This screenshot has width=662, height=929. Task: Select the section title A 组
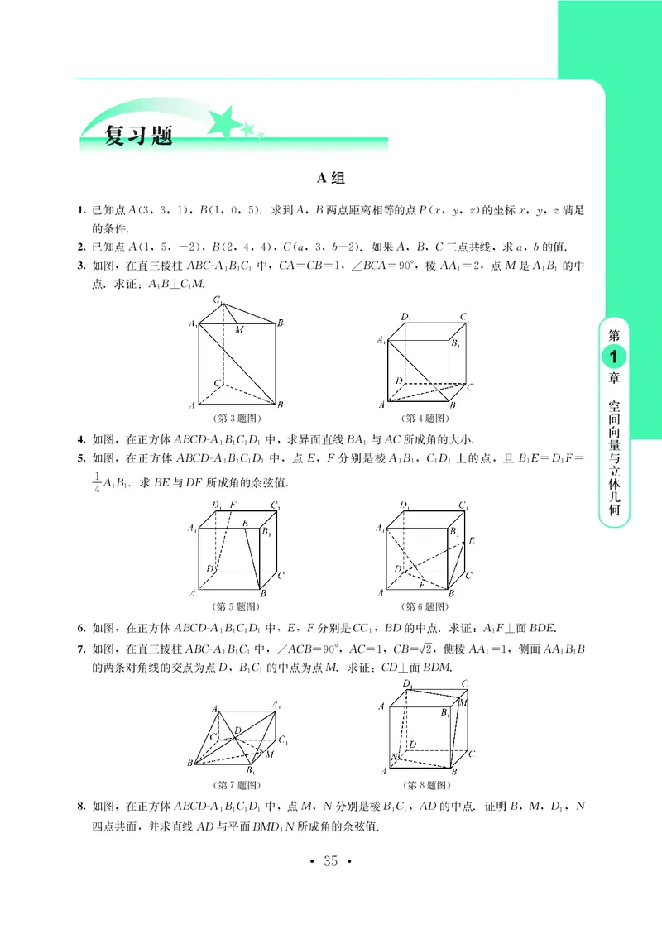(x=331, y=178)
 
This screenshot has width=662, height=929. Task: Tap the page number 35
(x=330, y=862)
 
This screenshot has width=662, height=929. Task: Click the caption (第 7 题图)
(x=237, y=783)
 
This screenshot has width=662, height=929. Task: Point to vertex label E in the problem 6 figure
(x=471, y=541)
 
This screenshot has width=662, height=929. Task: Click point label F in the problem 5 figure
(x=233, y=505)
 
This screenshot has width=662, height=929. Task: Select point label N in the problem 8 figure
(x=395, y=757)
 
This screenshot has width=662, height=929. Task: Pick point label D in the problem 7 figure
(x=237, y=730)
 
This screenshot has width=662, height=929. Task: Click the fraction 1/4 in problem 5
(x=96, y=481)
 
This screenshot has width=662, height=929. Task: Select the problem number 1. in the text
(x=81, y=211)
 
